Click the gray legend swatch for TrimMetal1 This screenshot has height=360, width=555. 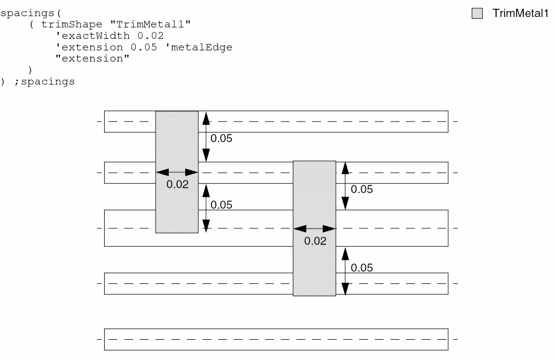(x=477, y=14)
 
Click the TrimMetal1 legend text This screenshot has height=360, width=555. (x=520, y=14)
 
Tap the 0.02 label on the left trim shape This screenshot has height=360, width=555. (x=178, y=185)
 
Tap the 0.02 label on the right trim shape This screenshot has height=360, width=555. (x=315, y=241)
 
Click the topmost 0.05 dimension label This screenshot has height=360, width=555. (x=221, y=138)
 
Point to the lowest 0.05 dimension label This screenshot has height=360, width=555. (x=362, y=267)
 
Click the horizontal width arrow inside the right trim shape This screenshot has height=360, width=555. (x=314, y=228)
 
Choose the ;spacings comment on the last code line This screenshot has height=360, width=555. (x=44, y=82)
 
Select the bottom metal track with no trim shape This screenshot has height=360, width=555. (x=276, y=339)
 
